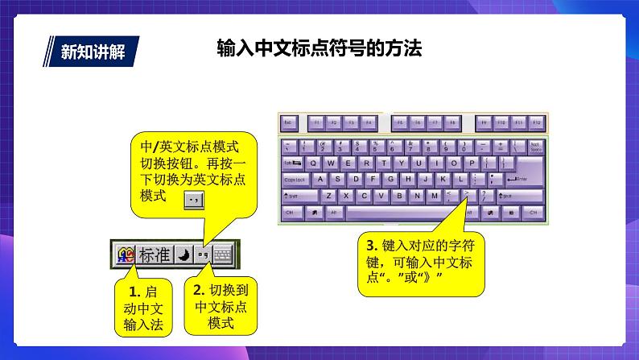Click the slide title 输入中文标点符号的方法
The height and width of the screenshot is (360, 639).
pyautogui.click(x=319, y=49)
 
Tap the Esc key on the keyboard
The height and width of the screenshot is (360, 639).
pyautogui.click(x=289, y=123)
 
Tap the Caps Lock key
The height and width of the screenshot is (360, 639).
pyautogui.click(x=295, y=179)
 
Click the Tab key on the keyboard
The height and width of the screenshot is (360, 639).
pyautogui.click(x=291, y=162)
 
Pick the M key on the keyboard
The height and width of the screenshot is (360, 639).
pyautogui.click(x=435, y=195)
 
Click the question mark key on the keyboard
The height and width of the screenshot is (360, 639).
pyautogui.click(x=484, y=195)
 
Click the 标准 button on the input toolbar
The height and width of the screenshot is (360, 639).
pyautogui.click(x=155, y=255)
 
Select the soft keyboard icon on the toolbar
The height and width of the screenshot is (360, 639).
pyautogui.click(x=222, y=255)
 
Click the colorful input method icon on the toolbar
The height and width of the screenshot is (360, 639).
pyautogui.click(x=125, y=255)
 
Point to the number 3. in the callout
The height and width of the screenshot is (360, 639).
pyautogui.click(x=371, y=245)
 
